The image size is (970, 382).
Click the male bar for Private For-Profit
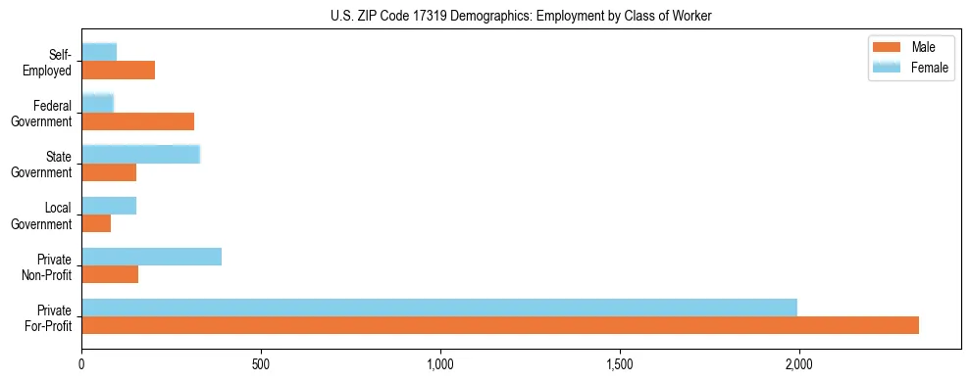500,326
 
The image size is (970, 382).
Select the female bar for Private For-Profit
439,308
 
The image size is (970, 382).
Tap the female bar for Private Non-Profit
152,257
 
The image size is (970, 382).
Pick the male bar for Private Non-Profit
110,275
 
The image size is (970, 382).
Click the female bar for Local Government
109,206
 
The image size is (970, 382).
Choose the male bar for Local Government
96,224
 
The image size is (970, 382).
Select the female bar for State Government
140,155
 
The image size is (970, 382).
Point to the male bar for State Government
109,172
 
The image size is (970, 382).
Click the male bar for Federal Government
137,121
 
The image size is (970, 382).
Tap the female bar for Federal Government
97,103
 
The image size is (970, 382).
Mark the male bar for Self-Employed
118,71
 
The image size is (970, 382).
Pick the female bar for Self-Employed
99,52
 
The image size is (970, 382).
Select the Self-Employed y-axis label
48,63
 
